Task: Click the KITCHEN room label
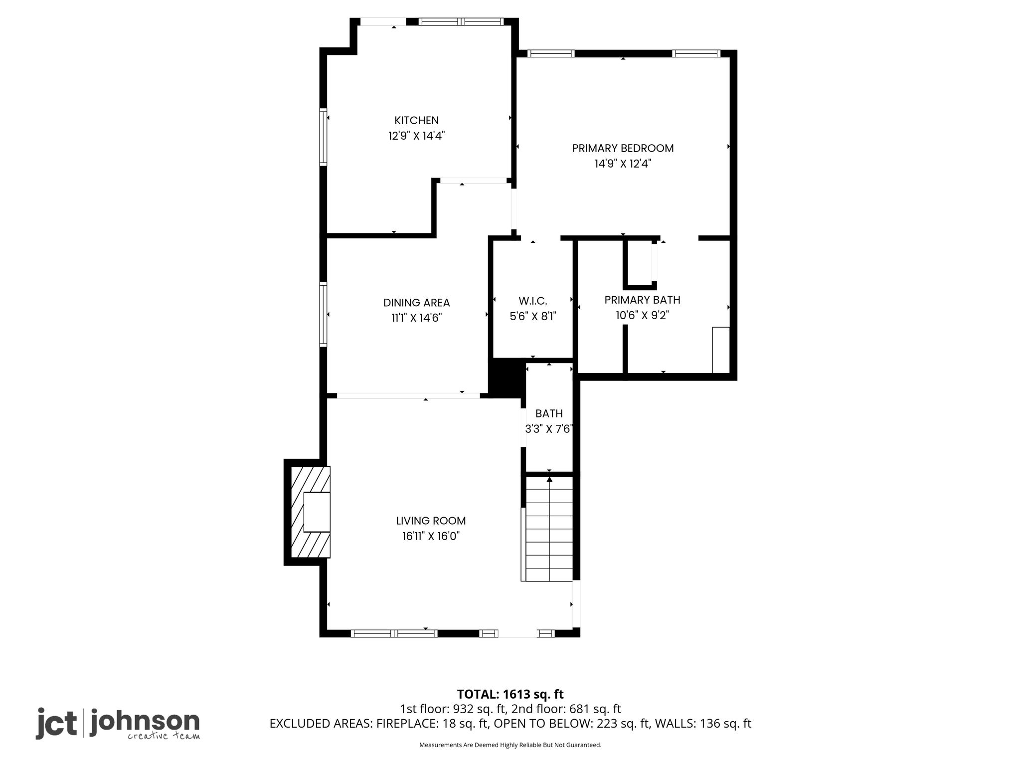pyautogui.click(x=416, y=120)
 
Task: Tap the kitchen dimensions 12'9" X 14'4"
pyautogui.click(x=416, y=136)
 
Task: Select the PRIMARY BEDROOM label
pyautogui.click(x=623, y=148)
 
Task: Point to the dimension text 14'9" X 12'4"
pyautogui.click(x=623, y=164)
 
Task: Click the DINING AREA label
pyautogui.click(x=416, y=303)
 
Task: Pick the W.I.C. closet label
pyautogui.click(x=533, y=301)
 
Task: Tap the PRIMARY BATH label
pyautogui.click(x=642, y=300)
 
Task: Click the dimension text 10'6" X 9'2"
pyautogui.click(x=642, y=315)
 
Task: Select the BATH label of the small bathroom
pyautogui.click(x=549, y=413)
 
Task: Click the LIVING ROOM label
pyautogui.click(x=431, y=521)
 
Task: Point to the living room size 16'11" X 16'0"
pyautogui.click(x=431, y=536)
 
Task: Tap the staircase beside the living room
pyautogui.click(x=549, y=529)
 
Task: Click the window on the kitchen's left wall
pyautogui.click(x=323, y=137)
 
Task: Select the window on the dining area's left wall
pyautogui.click(x=323, y=314)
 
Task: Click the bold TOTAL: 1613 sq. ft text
pyautogui.click(x=510, y=694)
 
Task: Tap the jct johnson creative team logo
pyautogui.click(x=118, y=724)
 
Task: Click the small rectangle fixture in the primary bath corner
pyautogui.click(x=721, y=350)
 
